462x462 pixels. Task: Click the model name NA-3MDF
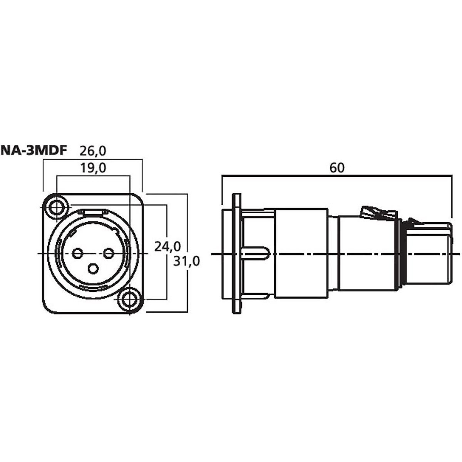[33, 151]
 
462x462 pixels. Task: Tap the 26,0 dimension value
[92, 151]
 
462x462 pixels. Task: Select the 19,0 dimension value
[93, 168]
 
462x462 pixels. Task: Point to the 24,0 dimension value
[167, 246]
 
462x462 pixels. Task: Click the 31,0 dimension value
[186, 261]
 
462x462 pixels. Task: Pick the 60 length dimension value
[337, 168]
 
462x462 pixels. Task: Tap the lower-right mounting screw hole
[130, 300]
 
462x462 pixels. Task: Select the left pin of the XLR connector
[77, 253]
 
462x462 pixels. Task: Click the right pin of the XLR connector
[109, 253]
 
